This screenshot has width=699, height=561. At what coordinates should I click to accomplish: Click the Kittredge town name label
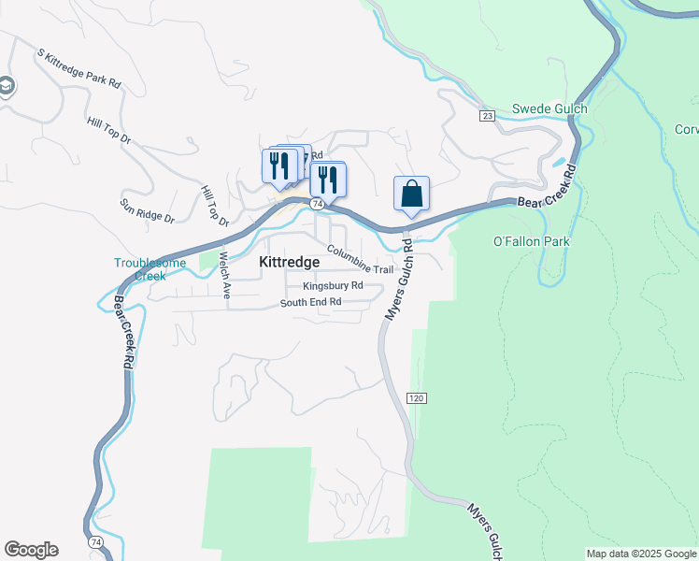point(289,263)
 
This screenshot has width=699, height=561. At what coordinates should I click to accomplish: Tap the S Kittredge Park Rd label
point(79,69)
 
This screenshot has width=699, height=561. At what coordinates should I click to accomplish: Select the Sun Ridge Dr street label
point(147,209)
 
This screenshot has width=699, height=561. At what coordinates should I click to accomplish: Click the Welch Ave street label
point(224,274)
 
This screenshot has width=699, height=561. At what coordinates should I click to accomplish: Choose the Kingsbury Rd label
point(332,286)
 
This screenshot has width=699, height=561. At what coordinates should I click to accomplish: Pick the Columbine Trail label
point(360,262)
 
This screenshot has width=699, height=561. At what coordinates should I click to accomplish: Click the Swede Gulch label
point(549,109)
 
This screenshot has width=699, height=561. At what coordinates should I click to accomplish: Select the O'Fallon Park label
point(531,241)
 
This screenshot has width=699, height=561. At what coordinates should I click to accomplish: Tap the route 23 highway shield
point(488,116)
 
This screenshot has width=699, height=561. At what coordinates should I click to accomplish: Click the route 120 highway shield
point(417,398)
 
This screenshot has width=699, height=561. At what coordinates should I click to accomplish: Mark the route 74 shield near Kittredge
point(319,203)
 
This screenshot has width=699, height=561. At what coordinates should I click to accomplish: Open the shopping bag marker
point(411,194)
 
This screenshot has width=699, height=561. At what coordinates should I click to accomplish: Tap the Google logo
point(31,550)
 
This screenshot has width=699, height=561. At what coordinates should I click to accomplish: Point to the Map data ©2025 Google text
point(641,554)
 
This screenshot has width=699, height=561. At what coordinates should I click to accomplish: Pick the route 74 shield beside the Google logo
point(95,542)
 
